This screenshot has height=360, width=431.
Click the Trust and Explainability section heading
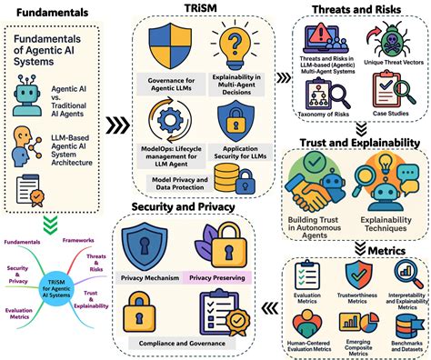355,143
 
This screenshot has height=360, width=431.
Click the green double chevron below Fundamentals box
52,218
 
